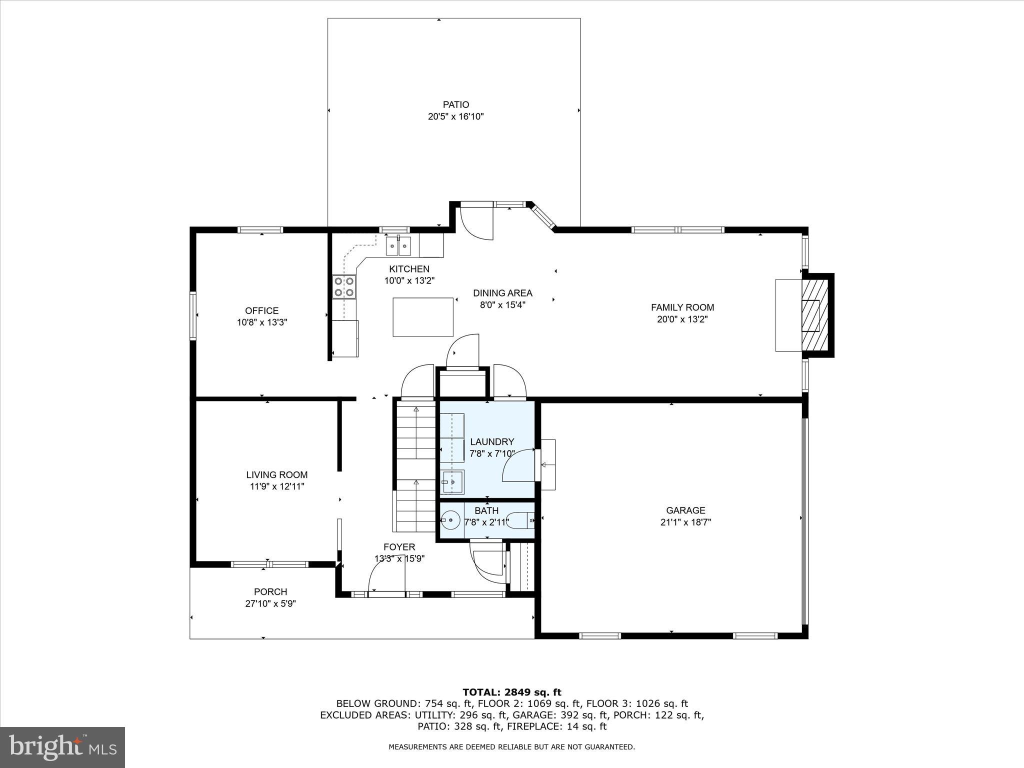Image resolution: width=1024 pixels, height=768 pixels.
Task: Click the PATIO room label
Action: [x=455, y=104]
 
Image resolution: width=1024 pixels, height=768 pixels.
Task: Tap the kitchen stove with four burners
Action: [x=344, y=287]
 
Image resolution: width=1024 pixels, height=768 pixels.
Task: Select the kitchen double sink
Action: [x=398, y=245]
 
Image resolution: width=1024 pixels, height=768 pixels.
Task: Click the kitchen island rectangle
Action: [x=423, y=317]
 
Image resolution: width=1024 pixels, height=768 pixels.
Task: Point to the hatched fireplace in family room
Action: [x=815, y=315]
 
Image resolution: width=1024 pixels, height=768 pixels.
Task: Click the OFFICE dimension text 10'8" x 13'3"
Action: [x=261, y=322]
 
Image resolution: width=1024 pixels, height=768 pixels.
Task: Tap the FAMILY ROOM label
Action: [x=682, y=307]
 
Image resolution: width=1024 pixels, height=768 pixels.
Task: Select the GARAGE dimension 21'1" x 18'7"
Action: [x=685, y=522]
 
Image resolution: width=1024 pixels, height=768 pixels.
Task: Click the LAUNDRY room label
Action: [x=492, y=442]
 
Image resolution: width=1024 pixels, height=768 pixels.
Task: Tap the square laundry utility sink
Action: [x=453, y=482]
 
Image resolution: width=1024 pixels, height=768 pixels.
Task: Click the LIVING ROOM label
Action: [x=276, y=475]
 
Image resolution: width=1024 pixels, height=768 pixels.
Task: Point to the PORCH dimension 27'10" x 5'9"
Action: [x=270, y=603]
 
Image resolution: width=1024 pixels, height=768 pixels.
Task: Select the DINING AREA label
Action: [x=502, y=293]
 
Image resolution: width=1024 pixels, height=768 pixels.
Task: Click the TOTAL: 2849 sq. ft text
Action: [x=511, y=692]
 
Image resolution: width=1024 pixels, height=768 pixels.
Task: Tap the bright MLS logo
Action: [x=62, y=747]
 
